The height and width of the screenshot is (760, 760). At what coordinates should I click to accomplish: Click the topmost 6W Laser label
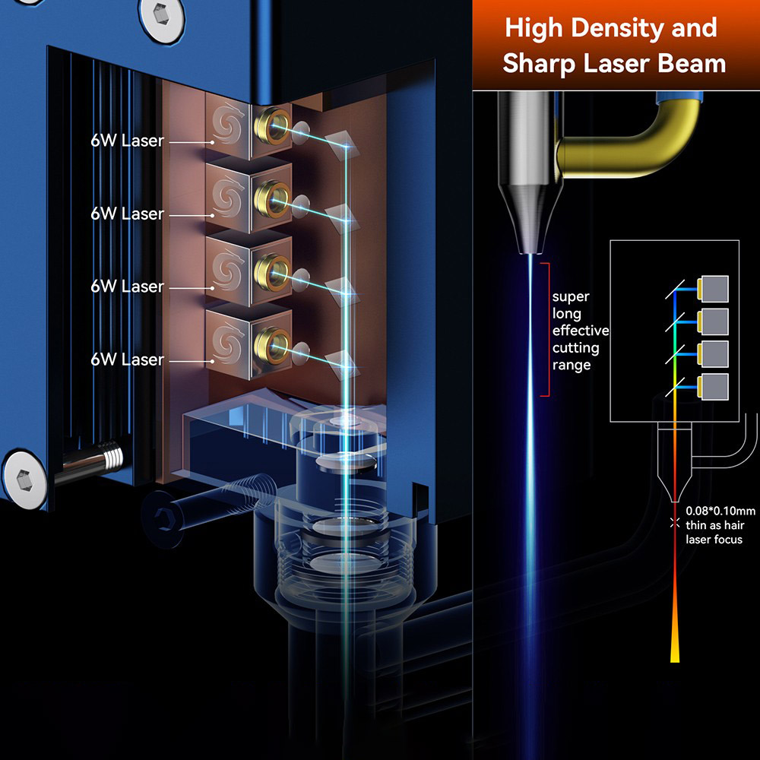point(127,141)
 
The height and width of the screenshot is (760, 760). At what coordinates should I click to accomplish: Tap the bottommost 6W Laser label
point(127,359)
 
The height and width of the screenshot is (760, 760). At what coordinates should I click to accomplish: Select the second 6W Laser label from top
point(127,214)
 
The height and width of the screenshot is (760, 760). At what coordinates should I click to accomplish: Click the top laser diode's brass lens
point(271,122)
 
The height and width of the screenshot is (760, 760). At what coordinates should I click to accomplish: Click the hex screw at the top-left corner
point(160,13)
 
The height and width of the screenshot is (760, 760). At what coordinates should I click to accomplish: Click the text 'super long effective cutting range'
point(580,331)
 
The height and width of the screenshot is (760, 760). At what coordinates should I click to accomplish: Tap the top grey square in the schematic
point(714,287)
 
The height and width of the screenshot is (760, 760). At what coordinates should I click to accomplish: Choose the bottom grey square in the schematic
point(714,387)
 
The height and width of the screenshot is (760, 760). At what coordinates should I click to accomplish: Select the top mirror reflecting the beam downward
point(340,141)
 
